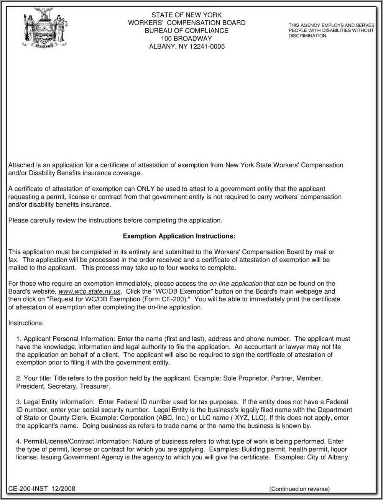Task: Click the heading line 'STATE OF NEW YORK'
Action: click(186, 15)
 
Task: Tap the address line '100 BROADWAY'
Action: click(186, 39)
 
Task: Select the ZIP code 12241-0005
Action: click(205, 47)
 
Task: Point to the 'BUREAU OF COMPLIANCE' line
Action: click(186, 31)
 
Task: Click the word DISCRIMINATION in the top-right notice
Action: click(308, 36)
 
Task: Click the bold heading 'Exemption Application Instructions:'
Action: click(179, 236)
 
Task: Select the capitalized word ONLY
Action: click(144, 189)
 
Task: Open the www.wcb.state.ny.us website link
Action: click(89, 291)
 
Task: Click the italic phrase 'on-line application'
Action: click(236, 284)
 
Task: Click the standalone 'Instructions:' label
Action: click(26, 323)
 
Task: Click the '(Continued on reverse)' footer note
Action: click(299, 489)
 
